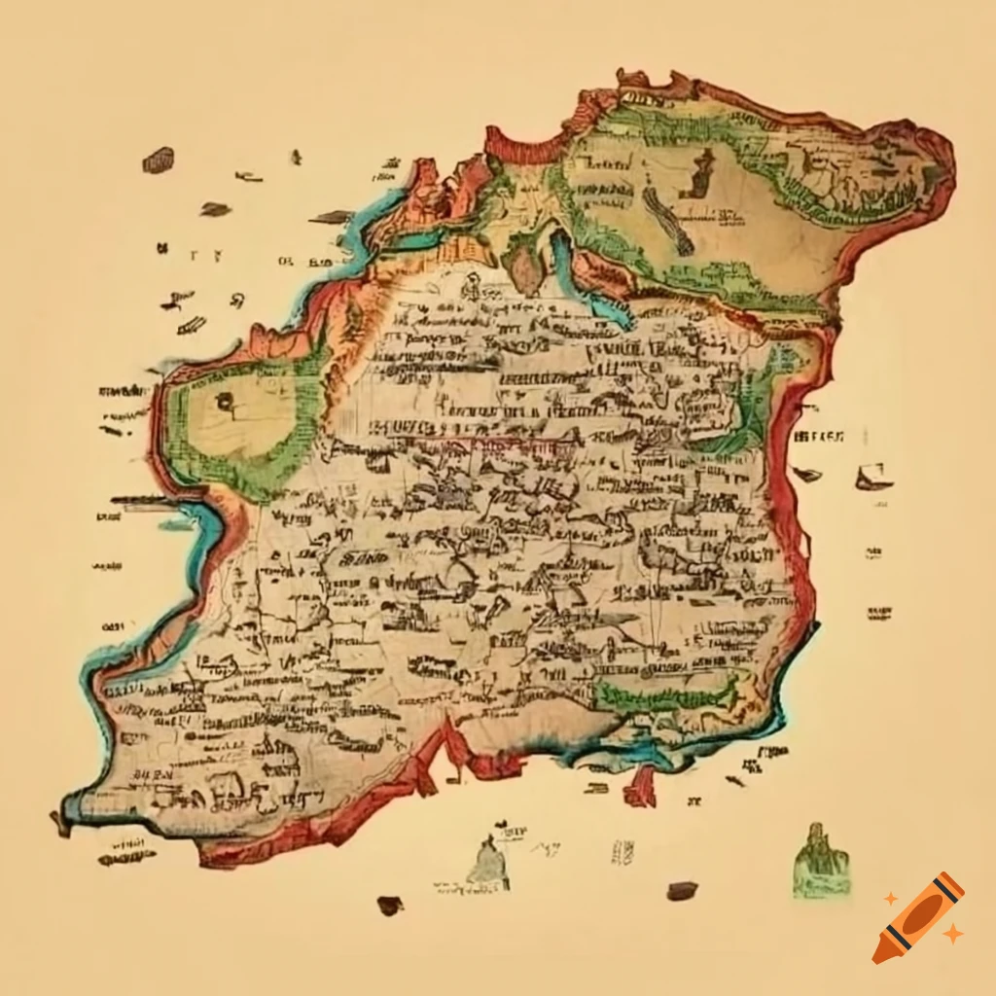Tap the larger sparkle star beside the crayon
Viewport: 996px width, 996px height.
pos(953,934)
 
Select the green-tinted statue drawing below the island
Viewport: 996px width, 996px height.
pos(820,861)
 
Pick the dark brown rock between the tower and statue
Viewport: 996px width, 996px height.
pos(682,890)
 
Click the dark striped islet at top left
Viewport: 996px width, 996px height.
pos(158,160)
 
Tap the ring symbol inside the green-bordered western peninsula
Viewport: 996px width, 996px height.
pos(226,401)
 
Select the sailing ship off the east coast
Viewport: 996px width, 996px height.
pos(873,477)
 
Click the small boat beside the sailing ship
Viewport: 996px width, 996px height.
pos(806,474)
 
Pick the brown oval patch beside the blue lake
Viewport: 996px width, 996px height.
pos(526,267)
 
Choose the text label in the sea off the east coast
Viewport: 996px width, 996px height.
pos(819,435)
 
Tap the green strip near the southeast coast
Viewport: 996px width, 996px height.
pos(666,694)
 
